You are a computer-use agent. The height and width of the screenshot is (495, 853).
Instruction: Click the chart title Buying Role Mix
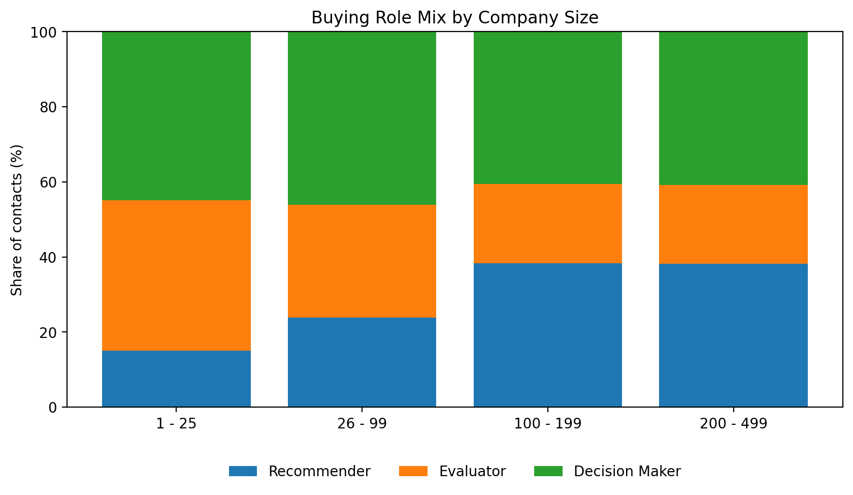point(454,18)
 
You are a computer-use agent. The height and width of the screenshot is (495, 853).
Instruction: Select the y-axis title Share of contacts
point(17,220)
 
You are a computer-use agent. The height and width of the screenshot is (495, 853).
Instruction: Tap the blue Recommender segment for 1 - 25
point(176,379)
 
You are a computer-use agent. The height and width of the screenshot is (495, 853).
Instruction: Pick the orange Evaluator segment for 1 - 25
point(176,275)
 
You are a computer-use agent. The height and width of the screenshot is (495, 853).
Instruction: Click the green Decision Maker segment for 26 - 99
point(362,118)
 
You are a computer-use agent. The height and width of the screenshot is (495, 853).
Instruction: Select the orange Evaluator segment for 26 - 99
point(362,261)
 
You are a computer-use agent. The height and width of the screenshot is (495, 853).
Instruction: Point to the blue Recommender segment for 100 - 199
point(548,335)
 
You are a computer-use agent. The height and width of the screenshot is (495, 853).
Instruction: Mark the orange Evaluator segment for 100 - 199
point(548,223)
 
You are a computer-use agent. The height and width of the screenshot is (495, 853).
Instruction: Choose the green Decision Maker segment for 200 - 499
point(733,108)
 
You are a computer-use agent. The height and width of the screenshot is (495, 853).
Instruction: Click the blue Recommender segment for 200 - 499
point(733,335)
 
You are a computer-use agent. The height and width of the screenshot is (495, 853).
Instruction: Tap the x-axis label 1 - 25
point(176,424)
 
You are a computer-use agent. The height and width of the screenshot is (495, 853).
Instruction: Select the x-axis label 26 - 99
point(362,424)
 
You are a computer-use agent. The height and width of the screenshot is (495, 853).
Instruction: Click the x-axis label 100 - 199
point(548,424)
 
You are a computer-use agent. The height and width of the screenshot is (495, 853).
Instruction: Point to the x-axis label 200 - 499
point(733,424)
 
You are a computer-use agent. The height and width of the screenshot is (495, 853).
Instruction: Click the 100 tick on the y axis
point(46,32)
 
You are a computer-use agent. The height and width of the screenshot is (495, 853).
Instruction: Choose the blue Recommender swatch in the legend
point(243,471)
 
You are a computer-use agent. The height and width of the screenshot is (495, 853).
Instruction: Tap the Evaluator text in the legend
point(472,471)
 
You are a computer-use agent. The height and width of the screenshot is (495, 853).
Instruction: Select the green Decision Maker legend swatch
point(548,471)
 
